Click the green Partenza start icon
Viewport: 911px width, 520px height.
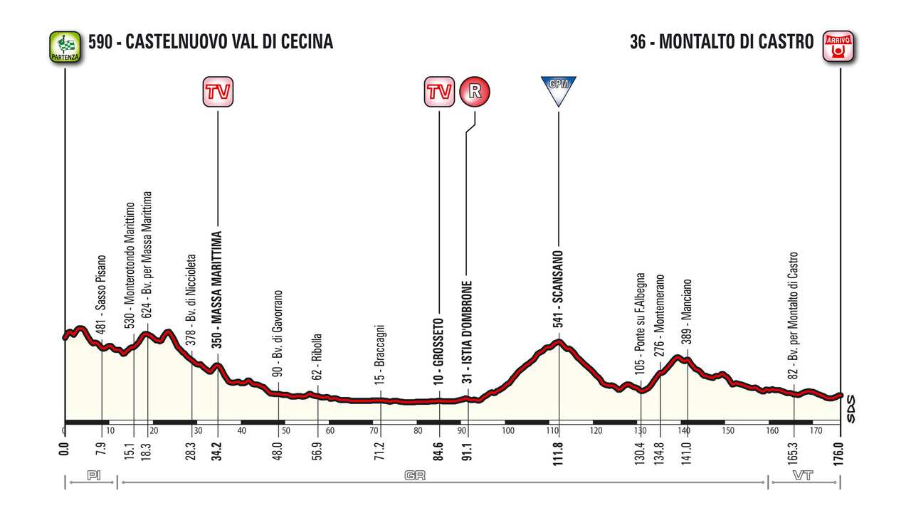click(x=65, y=46)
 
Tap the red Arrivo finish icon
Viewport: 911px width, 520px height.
click(x=838, y=46)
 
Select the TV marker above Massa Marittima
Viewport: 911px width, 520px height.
click(x=218, y=92)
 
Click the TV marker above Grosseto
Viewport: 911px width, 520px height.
click(x=439, y=92)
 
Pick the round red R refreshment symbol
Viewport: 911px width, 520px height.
click(x=475, y=92)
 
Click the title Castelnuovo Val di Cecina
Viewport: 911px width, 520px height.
click(x=211, y=42)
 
